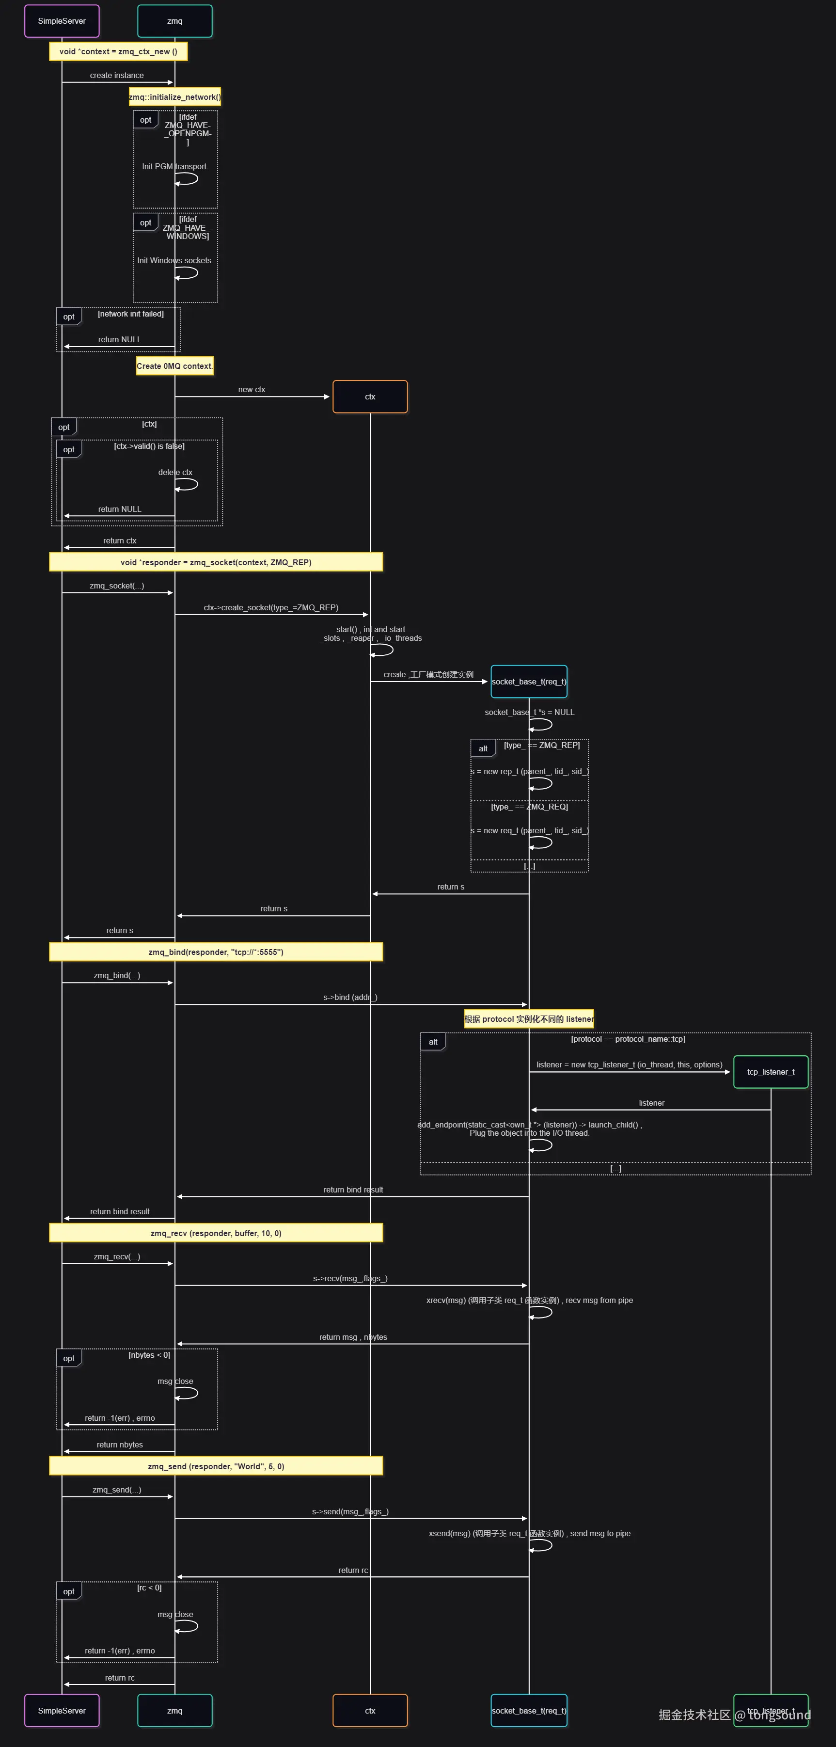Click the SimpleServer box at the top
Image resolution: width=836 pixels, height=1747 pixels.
click(62, 21)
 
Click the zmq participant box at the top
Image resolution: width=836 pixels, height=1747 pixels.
click(175, 21)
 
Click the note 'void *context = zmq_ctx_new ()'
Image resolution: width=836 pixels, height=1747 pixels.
click(118, 51)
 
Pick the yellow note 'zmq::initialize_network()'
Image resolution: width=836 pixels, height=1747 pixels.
click(175, 97)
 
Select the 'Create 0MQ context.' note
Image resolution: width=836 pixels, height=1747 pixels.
click(175, 366)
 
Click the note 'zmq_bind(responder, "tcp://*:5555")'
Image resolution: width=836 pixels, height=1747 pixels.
click(216, 952)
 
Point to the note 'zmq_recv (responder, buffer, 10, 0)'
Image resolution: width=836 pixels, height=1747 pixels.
click(216, 1233)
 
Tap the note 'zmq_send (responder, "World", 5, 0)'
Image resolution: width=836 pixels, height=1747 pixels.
click(216, 1466)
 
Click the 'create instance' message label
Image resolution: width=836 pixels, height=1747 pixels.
click(117, 75)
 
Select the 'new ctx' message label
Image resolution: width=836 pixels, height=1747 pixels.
click(252, 389)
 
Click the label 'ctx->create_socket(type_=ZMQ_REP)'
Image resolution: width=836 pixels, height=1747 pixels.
click(271, 608)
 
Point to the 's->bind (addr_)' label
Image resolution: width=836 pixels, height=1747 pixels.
click(350, 997)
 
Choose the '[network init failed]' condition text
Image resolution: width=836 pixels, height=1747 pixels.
click(131, 314)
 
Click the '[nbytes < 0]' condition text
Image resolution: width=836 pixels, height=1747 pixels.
click(149, 1355)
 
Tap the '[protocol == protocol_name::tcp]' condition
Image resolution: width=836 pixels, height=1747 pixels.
click(628, 1039)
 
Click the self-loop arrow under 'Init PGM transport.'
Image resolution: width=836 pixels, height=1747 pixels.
click(187, 179)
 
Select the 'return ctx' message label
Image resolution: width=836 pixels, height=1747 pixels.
click(120, 540)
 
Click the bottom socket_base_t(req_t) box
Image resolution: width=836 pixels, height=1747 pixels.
click(529, 1710)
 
